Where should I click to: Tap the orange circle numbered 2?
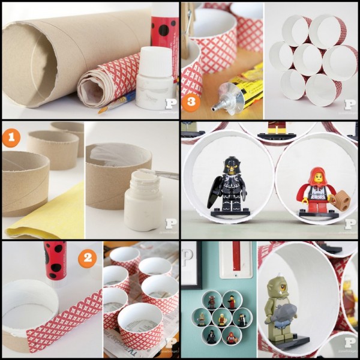(x=88, y=259)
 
